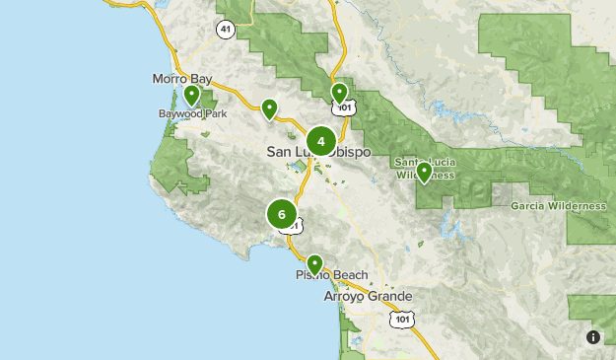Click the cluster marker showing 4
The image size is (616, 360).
pyautogui.click(x=321, y=142)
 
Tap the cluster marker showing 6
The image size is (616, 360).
pyautogui.click(x=282, y=214)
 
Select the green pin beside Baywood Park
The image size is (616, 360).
pyautogui.click(x=191, y=95)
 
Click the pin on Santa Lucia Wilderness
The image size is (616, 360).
pyautogui.click(x=424, y=173)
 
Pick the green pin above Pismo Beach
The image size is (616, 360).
pyautogui.click(x=314, y=263)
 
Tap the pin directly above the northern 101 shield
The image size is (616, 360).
pyautogui.click(x=340, y=93)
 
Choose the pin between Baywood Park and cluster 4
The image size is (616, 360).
pyautogui.click(x=268, y=108)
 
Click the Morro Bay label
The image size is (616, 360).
pyautogui.click(x=182, y=79)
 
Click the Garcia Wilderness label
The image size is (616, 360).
pyautogui.click(x=558, y=206)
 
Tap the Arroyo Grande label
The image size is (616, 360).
pyautogui.click(x=369, y=296)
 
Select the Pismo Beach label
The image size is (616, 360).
pyautogui.click(x=332, y=275)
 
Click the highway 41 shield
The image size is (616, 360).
pyautogui.click(x=227, y=31)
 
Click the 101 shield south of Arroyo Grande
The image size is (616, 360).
pyautogui.click(x=402, y=319)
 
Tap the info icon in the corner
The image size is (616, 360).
pyautogui.click(x=593, y=337)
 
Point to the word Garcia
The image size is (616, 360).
pyautogui.click(x=530, y=206)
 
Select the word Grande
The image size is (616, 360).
pyautogui.click(x=390, y=296)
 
